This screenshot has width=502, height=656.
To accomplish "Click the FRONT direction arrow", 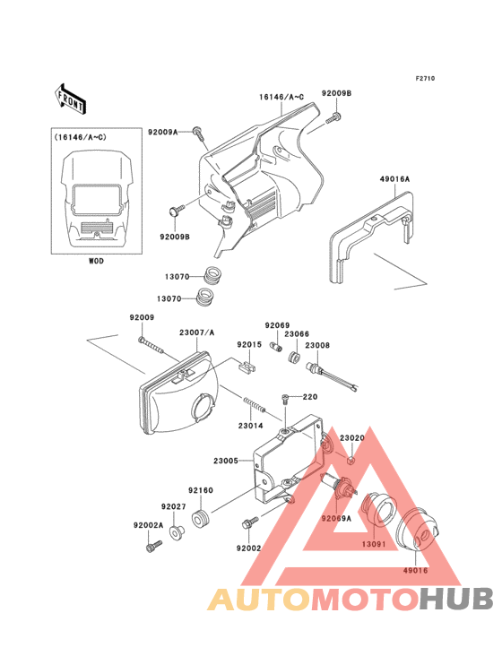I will pyautogui.click(x=71, y=98).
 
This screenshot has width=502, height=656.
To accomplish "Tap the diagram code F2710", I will pyautogui.click(x=424, y=79).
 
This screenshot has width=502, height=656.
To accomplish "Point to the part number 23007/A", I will pyautogui.click(x=197, y=332).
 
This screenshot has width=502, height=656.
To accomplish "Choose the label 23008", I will pyautogui.click(x=317, y=344).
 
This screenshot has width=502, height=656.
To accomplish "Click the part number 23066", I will pyautogui.click(x=297, y=333).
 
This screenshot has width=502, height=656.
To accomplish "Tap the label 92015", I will pyautogui.click(x=249, y=344).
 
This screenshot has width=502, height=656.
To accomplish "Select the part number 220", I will pyautogui.click(x=310, y=397).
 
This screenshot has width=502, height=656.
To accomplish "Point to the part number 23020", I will pyautogui.click(x=351, y=438).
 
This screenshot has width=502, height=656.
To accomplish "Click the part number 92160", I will pyautogui.click(x=200, y=490).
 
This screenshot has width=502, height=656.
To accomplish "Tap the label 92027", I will pyautogui.click(x=174, y=506).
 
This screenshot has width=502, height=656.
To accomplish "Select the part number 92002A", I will pyautogui.click(x=148, y=525).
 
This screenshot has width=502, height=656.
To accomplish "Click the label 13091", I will pyautogui.click(x=374, y=543).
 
